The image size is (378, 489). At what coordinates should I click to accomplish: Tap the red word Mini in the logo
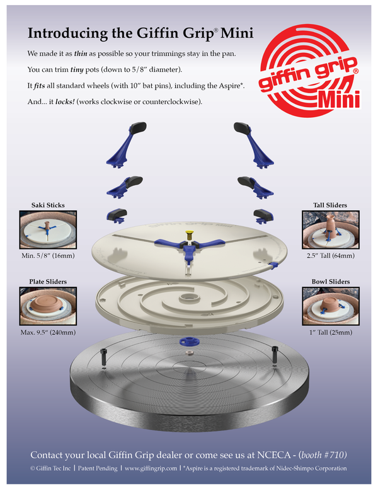(x=339, y=100)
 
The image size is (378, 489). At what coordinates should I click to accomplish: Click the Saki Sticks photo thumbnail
(x=48, y=229)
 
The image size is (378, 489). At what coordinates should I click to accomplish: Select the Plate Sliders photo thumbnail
(x=48, y=306)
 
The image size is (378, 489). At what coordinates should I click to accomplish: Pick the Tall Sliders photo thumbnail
(x=331, y=229)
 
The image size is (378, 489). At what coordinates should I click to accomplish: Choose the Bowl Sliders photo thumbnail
(x=331, y=306)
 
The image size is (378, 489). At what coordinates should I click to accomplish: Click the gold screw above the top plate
(x=189, y=236)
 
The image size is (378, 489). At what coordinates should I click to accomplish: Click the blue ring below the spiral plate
(x=190, y=340)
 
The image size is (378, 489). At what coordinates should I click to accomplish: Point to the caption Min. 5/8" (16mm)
(x=48, y=256)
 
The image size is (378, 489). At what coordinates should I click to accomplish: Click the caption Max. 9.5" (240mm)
(x=48, y=333)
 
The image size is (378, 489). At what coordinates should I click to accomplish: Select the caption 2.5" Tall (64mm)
(x=331, y=256)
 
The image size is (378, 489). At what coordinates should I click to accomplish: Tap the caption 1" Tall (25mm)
(x=331, y=333)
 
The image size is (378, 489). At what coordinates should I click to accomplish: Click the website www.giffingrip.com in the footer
(x=151, y=468)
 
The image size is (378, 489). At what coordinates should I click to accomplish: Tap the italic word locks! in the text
(x=65, y=101)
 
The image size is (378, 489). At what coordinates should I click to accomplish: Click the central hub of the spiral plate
(x=189, y=297)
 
